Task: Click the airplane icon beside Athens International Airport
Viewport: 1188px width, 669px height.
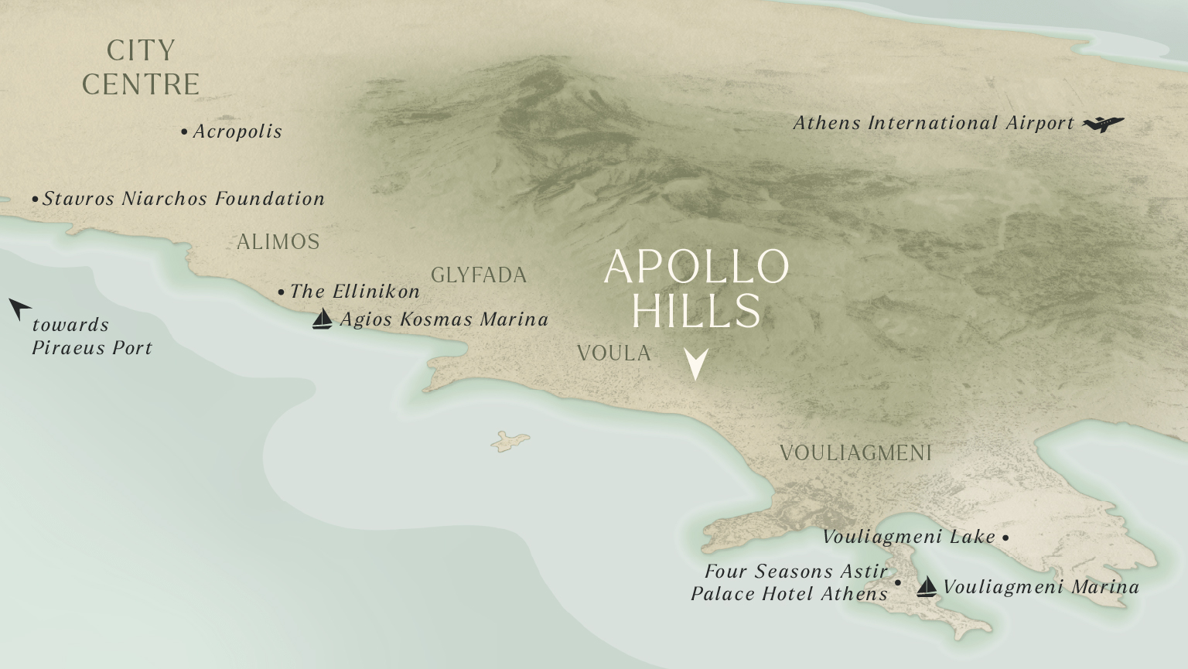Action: coord(1103,124)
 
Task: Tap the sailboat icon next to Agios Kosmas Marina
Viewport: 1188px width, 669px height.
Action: coord(322,319)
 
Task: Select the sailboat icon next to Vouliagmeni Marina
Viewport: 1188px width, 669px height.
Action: coord(926,587)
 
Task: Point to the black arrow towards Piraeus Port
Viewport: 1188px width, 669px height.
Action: coord(19,308)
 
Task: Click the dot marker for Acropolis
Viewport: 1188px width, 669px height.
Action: coord(184,132)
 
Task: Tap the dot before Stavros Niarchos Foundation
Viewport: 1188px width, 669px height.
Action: coord(35,200)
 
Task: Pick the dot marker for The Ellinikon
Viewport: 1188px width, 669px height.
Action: coord(281,292)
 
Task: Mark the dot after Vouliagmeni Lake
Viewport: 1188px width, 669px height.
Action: coord(1005,538)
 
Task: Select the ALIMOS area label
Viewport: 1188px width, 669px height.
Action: coord(278,242)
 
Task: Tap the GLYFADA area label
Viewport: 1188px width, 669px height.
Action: coord(479,275)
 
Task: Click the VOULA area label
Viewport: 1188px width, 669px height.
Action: coord(614,353)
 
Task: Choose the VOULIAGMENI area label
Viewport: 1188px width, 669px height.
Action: coord(855,453)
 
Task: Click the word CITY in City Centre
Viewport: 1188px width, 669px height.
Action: coord(141,51)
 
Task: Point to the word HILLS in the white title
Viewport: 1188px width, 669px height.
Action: coord(696,311)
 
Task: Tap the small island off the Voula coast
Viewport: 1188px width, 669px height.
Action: coord(510,442)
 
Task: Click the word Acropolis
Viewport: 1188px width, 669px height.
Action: coord(237,131)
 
